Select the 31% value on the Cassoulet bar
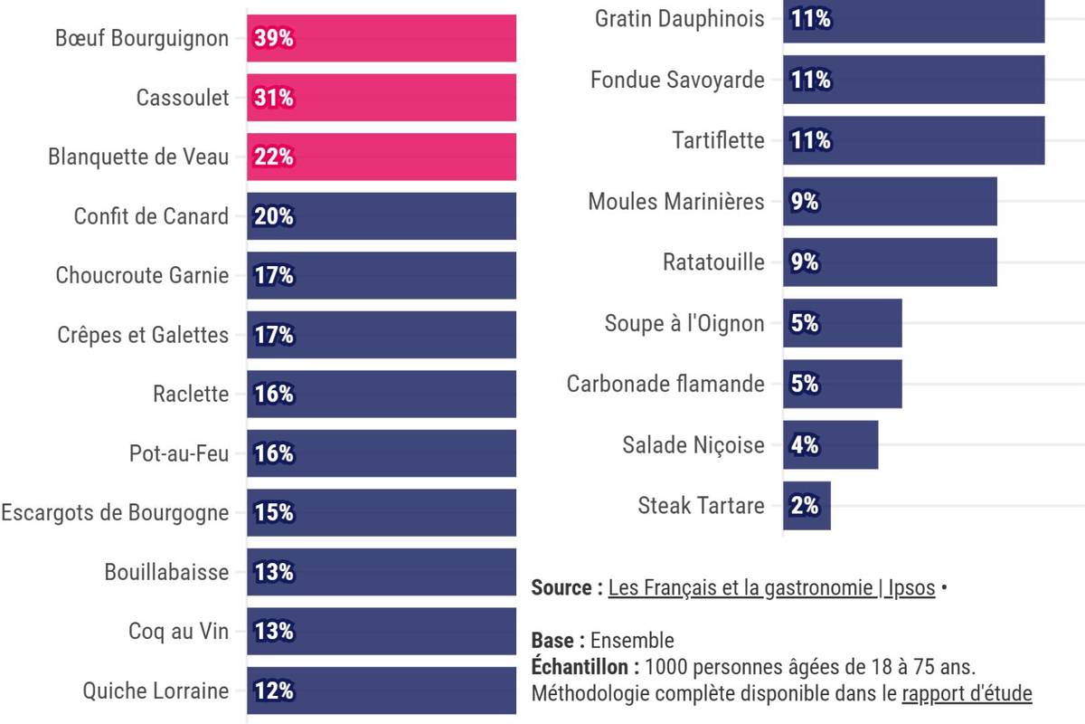pyautogui.click(x=274, y=98)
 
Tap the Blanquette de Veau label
pyautogui.click(x=138, y=157)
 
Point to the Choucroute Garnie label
pyautogui.click(x=142, y=275)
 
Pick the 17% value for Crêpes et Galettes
pyautogui.click(x=274, y=335)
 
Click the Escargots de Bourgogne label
pyautogui.click(x=115, y=513)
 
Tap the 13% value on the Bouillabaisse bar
pyautogui.click(x=274, y=572)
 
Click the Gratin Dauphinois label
pyautogui.click(x=679, y=19)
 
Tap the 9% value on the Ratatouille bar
pyautogui.click(x=805, y=262)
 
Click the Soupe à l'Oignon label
pyautogui.click(x=684, y=323)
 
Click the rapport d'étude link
pyautogui.click(x=967, y=694)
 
